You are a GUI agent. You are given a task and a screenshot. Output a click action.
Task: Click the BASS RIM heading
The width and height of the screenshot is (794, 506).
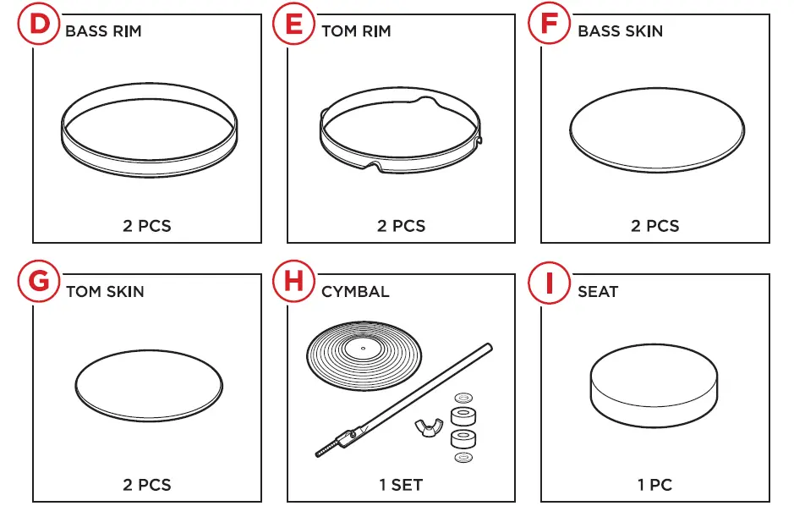[103, 31]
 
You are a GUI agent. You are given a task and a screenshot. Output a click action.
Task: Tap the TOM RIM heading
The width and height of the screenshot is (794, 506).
[356, 31]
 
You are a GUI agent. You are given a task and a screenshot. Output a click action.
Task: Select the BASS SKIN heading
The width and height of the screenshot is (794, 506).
[620, 31]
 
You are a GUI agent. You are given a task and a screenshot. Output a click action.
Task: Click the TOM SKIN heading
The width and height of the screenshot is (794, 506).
[105, 292]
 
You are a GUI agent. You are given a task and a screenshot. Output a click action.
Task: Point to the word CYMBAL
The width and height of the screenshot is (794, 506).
[355, 292]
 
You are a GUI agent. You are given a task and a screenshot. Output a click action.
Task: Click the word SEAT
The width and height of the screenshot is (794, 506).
[597, 292]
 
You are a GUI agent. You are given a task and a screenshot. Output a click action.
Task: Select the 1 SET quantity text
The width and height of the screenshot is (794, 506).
[401, 486]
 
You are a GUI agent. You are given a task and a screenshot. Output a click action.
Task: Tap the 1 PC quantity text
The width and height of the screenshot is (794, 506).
[654, 486]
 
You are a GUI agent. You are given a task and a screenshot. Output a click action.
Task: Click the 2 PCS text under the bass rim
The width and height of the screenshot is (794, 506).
[147, 226]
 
